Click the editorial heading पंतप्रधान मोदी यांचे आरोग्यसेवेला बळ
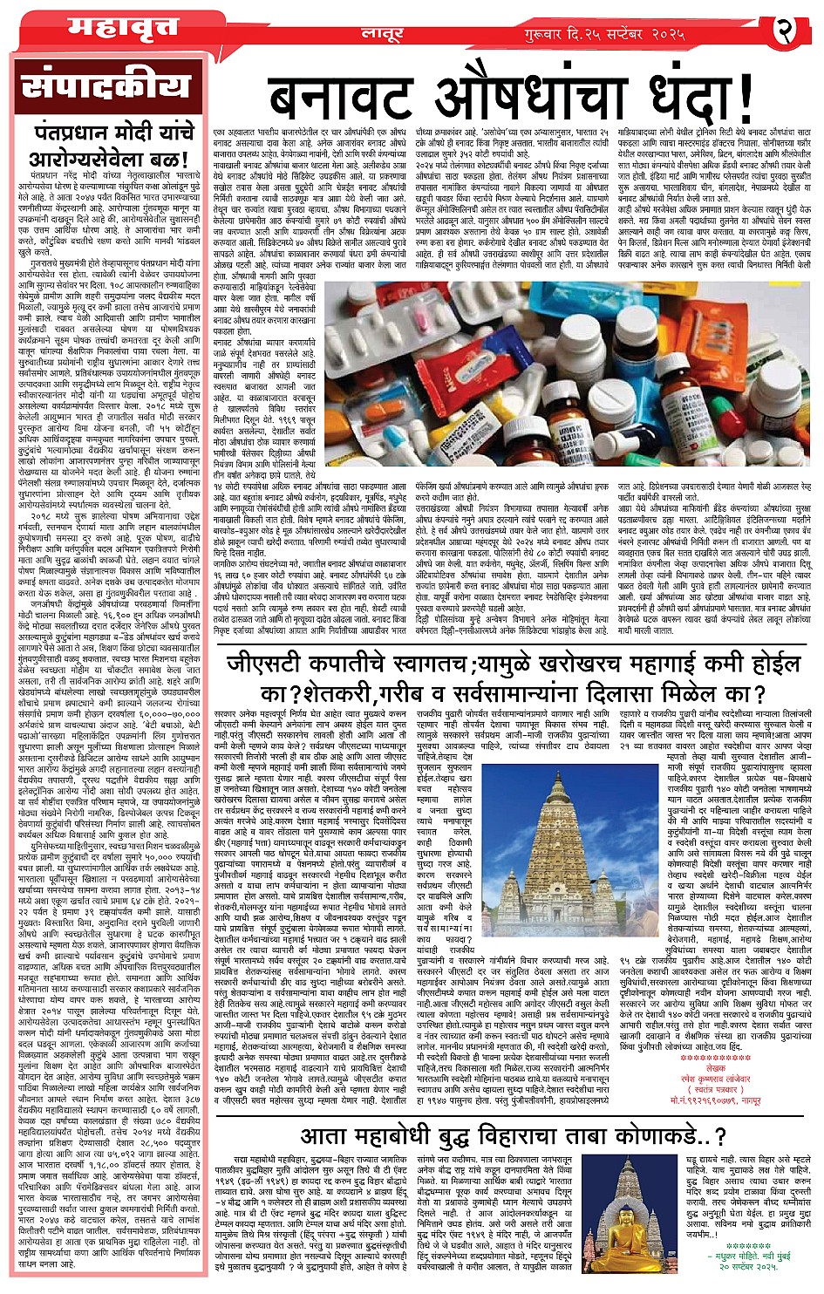click(107, 146)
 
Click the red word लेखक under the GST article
click(714, 1069)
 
